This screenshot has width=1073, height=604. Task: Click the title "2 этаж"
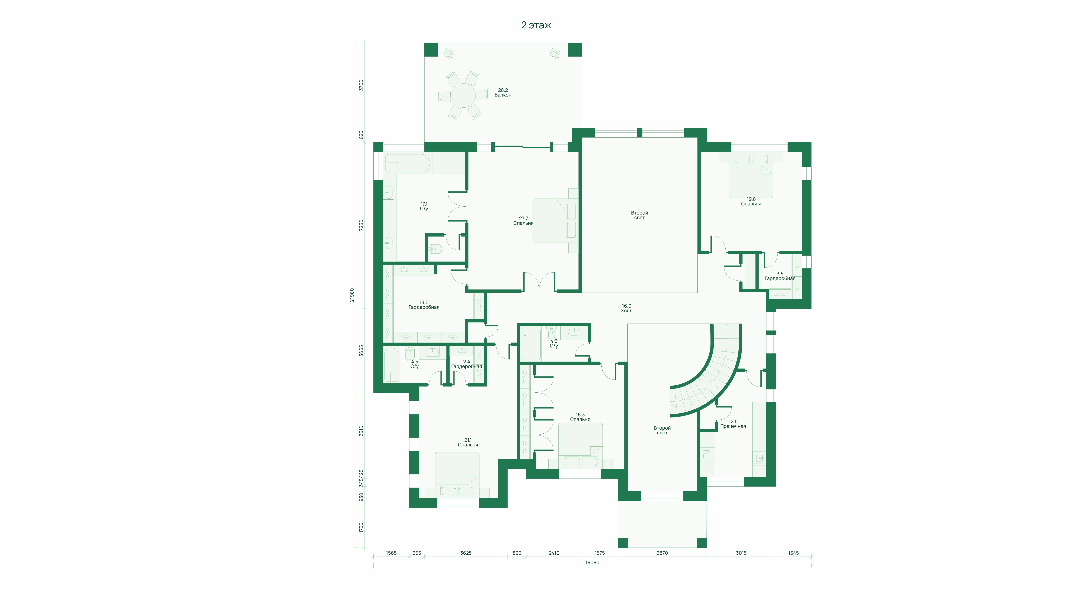pyautogui.click(x=536, y=25)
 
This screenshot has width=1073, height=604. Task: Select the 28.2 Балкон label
pyautogui.click(x=503, y=93)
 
